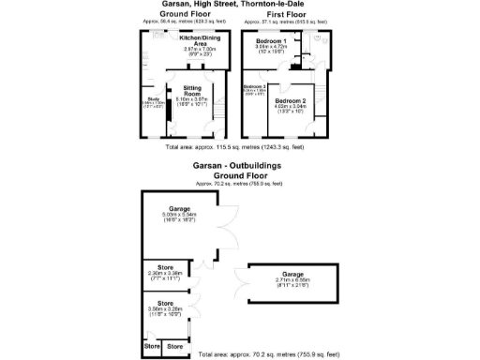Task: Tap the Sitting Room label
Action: (x=191, y=89)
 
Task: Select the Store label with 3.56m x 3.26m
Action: (x=166, y=303)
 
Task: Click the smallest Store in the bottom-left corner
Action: (x=151, y=347)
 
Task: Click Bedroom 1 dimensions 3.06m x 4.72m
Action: (x=271, y=49)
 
